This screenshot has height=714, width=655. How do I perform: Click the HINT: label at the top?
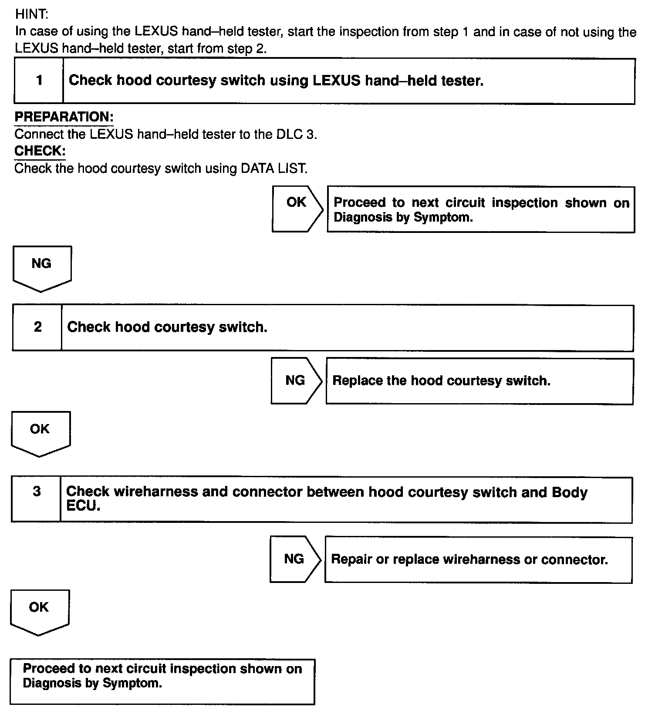tap(31, 14)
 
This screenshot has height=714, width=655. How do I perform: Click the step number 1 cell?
tap(39, 81)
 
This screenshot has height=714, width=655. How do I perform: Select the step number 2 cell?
tap(38, 327)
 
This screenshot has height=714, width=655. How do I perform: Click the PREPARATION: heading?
tap(64, 117)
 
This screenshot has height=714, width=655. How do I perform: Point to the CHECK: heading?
tap(40, 151)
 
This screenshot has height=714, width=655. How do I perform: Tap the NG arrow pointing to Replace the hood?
tap(296, 381)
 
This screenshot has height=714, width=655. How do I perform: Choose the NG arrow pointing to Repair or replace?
tap(295, 559)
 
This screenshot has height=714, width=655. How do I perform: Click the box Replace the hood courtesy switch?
tap(479, 381)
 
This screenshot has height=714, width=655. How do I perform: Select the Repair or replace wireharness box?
tap(478, 559)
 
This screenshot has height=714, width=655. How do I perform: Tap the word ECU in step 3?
tap(83, 506)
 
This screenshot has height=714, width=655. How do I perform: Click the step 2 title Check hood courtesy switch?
tap(167, 327)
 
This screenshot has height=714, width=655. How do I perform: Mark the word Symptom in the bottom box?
tap(132, 683)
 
